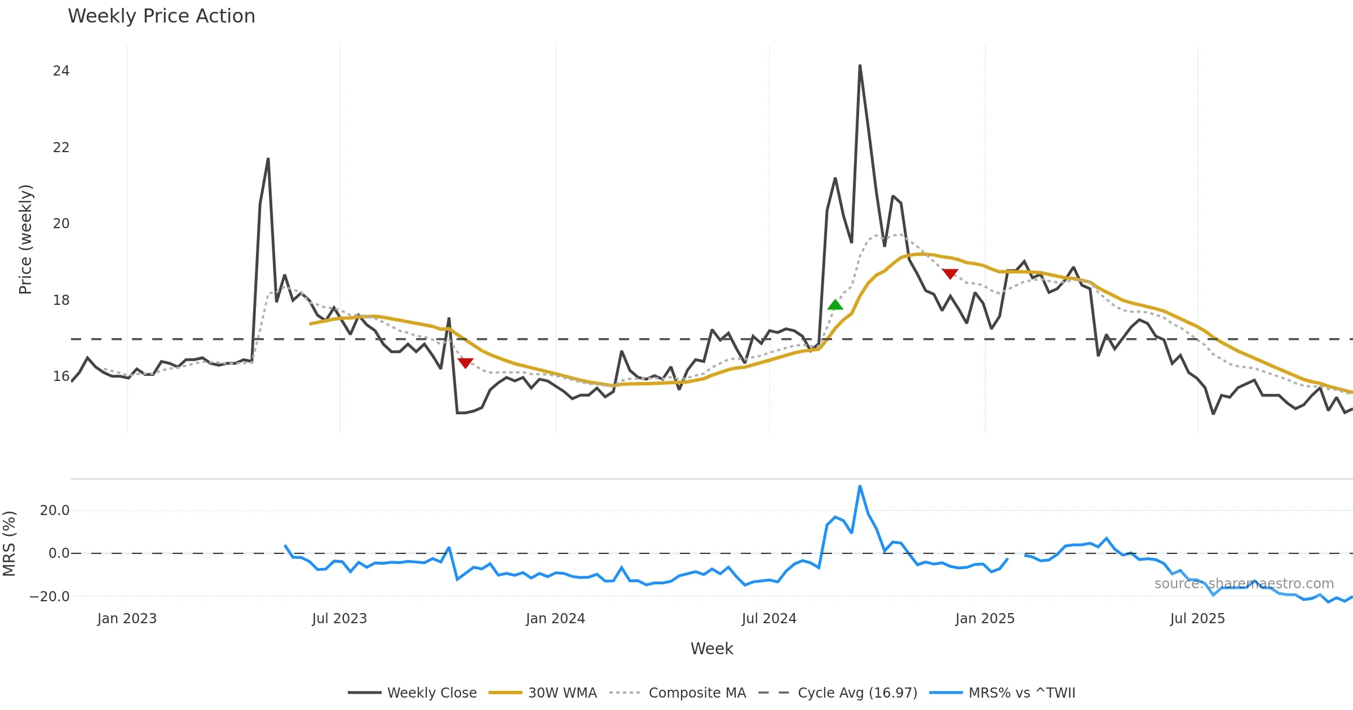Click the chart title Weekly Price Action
161,16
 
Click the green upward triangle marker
835,305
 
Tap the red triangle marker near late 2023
465,363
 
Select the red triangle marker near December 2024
950,274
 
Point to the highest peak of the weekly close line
860,66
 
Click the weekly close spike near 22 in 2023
268,159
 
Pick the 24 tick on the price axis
61,71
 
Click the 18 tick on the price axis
61,300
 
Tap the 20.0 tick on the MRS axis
55,511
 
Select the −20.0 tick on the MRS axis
50,597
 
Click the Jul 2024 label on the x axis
769,619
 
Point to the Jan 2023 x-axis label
127,619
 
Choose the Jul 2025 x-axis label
1197,619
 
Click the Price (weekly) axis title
25,239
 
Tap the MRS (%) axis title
9,544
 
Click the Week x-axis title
711,649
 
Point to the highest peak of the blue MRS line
860,486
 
